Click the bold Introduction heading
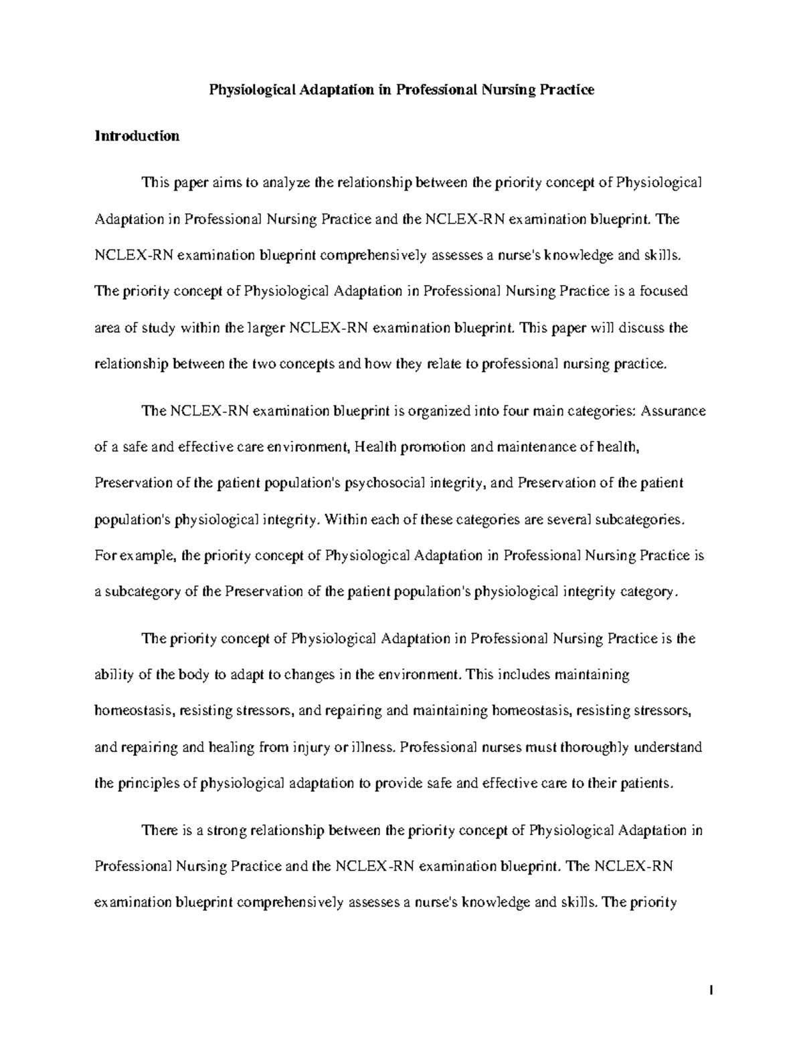137,136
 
